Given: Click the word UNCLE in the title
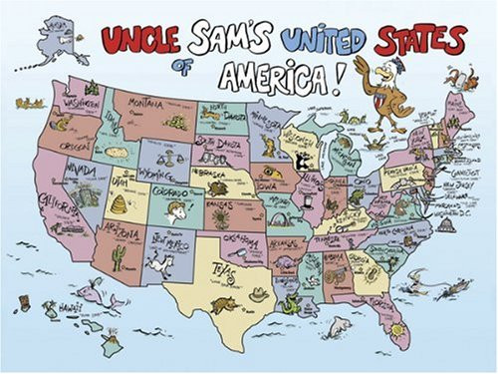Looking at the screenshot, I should click(139, 40).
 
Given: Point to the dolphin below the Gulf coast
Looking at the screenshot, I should click(340, 323).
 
